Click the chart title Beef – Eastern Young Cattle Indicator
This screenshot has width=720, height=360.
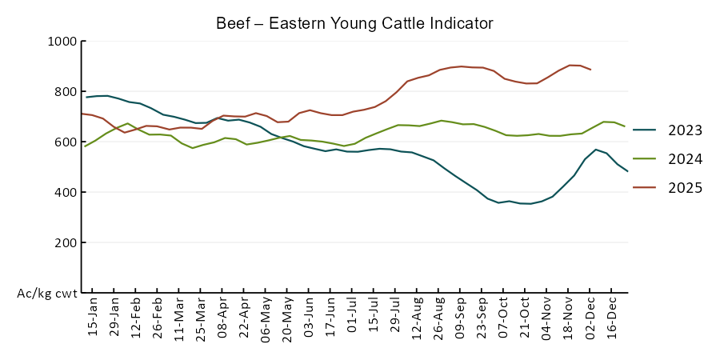tap(354, 23)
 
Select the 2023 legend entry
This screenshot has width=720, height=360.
tap(686, 130)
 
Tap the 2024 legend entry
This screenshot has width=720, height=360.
tap(686, 159)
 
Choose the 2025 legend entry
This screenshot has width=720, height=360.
tap(686, 188)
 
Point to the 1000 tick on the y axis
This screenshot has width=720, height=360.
tap(62, 42)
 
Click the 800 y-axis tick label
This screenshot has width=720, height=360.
tap(65, 91)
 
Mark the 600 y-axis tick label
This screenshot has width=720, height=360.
tap(65, 142)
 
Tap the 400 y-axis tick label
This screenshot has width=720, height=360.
tap(65, 192)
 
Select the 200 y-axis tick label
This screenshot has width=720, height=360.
tap(65, 242)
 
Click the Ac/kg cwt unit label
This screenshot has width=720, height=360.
tap(47, 294)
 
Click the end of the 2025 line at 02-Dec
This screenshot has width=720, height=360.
tap(590, 70)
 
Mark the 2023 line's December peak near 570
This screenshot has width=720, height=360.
tap(596, 149)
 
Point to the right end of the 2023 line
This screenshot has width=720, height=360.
tap(627, 171)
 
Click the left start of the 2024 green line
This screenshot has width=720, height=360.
tap(85, 146)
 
